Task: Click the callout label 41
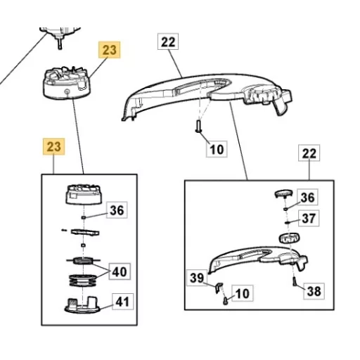tap(123, 302)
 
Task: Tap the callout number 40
tap(120, 271)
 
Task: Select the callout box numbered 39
tap(197, 278)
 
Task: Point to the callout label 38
tap(314, 291)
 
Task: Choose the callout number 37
tap(309, 218)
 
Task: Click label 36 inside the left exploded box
tap(117, 210)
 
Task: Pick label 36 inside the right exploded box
tap(307, 197)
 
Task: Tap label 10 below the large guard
tap(217, 149)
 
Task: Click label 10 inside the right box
tap(243, 293)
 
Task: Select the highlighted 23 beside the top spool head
tap(110, 50)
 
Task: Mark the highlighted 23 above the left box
tap(54, 146)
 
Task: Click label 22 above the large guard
tap(168, 41)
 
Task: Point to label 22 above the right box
tap(309, 153)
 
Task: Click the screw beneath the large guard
tap(198, 126)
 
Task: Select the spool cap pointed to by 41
tap(82, 306)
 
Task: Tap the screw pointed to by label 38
tap(295, 281)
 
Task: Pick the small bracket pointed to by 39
tap(219, 287)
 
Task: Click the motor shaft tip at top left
tap(60, 48)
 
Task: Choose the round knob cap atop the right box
tap(283, 193)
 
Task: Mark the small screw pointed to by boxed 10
tap(226, 301)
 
